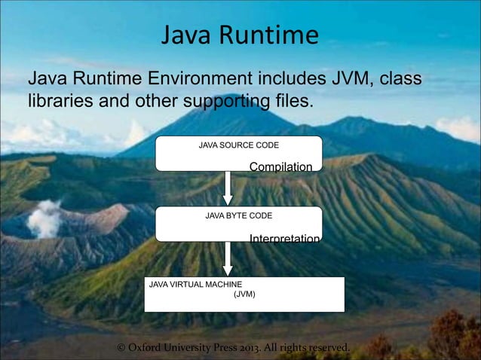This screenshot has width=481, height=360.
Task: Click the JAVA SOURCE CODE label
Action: (238, 143)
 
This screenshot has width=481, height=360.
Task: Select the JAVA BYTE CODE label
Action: (239, 215)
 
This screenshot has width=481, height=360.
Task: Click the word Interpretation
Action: (284, 239)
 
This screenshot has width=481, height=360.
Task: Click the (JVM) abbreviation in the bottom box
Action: (244, 295)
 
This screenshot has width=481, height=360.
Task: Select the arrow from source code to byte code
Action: (228, 188)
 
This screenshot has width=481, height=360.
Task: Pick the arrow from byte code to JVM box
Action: (228, 260)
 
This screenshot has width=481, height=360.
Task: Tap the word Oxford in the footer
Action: (153, 348)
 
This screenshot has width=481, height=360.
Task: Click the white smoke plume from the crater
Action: (45, 218)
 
